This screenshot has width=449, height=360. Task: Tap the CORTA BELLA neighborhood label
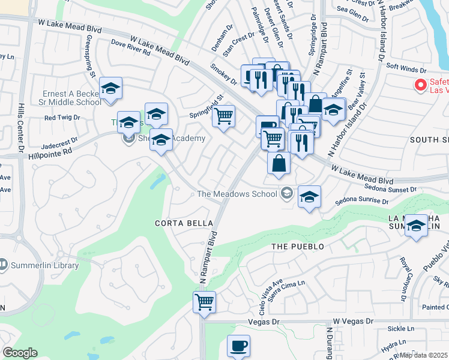pyautogui.click(x=176, y=223)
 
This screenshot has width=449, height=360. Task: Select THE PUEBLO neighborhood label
pyautogui.click(x=298, y=247)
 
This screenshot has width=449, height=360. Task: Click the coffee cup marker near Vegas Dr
pyautogui.click(x=239, y=346)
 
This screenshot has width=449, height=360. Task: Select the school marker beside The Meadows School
pyautogui.click(x=309, y=197)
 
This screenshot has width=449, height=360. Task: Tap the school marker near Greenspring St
pyautogui.click(x=110, y=89)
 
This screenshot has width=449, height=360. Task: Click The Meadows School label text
pyautogui.click(x=237, y=194)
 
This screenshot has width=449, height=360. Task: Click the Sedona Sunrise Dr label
pyautogui.click(x=361, y=200)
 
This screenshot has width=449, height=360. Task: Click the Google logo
pyautogui.click(x=20, y=353)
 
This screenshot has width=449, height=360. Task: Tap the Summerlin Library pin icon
pyautogui.click(x=4, y=265)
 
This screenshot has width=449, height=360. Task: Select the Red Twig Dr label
pyautogui.click(x=59, y=117)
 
